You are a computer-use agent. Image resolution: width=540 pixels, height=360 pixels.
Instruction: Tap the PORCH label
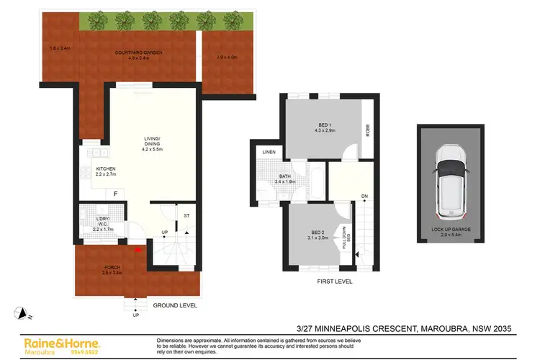pos(112,267)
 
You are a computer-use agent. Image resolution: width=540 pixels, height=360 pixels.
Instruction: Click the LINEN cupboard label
pos(269,153)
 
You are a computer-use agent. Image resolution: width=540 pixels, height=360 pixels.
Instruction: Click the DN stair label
pos(364,196)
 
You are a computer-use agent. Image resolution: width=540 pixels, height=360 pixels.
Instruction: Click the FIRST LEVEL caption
pos(335,282)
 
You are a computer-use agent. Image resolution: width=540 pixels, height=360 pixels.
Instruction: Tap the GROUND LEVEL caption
pos(174,305)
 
